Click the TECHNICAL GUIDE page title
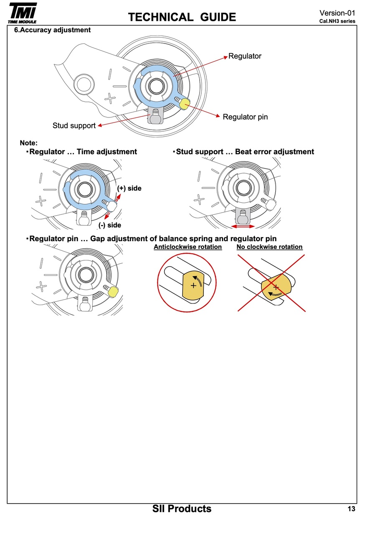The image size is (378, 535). pos(182,17)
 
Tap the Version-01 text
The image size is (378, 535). pos(337,13)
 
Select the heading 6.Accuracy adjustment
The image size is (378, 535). pos(52,30)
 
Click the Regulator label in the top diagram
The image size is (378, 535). pos(245,56)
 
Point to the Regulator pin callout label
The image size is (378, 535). pos(245,117)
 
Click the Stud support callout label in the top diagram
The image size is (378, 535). pos(74,126)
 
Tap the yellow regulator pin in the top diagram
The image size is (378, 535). pos(184,103)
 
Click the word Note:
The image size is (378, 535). pos(29,143)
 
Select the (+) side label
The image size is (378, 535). pos(129,189)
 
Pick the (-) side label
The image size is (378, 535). pos(110,225)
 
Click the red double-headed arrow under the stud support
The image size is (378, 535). pos(243,226)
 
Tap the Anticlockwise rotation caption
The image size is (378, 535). pos(188,247)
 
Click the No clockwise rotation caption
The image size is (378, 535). pos(269,247)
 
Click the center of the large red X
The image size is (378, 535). pos(272,283)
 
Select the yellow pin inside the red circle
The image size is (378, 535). pos(193,285)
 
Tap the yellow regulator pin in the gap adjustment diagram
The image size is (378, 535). pos(112,292)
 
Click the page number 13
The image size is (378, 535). pos(351,509)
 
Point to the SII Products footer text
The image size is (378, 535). pos(182,509)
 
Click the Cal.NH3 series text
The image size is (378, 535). pos(337,21)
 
